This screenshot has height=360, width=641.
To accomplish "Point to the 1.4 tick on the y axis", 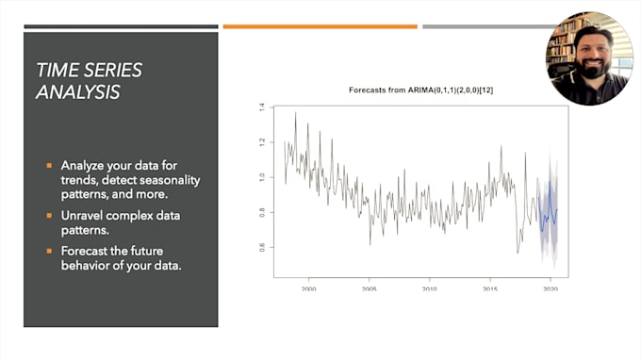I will (x=261, y=107).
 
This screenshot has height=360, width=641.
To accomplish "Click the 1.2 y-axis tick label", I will (x=261, y=142).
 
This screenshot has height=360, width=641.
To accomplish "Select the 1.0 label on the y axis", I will (x=261, y=177).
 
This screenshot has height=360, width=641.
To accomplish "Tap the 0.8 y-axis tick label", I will (x=261, y=212).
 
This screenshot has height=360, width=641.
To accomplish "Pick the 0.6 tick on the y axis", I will (x=261, y=247).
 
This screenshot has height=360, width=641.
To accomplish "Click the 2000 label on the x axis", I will (x=308, y=289).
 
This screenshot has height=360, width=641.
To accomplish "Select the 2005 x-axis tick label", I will (x=369, y=289).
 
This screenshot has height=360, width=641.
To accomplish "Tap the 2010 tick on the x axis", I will (x=429, y=289).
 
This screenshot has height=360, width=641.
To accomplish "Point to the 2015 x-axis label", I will (x=489, y=289).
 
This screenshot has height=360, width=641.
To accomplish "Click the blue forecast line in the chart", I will (x=548, y=219).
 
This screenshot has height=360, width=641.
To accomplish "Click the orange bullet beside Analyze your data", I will (x=50, y=165).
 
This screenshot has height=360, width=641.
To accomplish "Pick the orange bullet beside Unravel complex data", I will (x=50, y=215).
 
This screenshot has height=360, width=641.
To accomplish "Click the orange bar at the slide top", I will (x=320, y=26).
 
